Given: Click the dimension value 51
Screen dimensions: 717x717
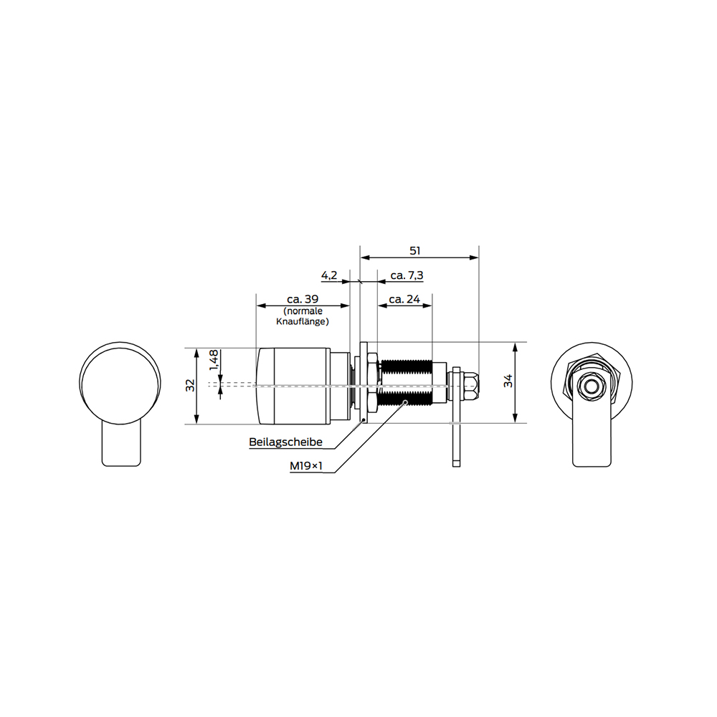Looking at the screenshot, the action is click(414, 250).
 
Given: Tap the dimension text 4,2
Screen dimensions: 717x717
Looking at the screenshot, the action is click(329, 275).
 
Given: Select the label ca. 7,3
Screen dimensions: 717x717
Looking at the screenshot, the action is click(407, 275).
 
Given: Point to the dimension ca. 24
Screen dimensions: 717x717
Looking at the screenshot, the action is click(404, 299).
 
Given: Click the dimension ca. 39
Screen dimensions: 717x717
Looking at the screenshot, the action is click(303, 299).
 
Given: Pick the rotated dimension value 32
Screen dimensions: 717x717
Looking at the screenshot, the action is click(190, 386).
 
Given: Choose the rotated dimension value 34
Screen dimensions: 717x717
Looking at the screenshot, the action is click(508, 381).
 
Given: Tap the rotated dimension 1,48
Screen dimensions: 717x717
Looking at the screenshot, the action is click(214, 361).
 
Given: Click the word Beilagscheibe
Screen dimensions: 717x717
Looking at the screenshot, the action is click(286, 442).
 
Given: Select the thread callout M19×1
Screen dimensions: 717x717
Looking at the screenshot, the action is click(306, 466).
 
